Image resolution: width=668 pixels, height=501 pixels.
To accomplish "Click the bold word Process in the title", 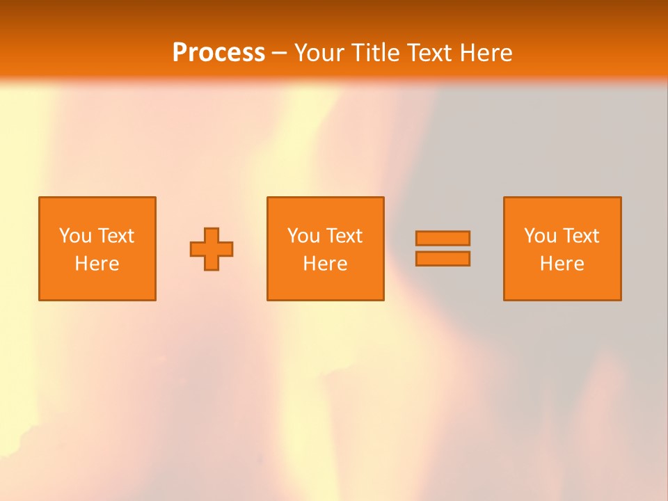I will tap(218, 53).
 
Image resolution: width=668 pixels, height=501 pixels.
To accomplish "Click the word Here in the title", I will tap(487, 53).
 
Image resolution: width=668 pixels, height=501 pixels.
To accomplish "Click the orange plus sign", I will tap(212, 248).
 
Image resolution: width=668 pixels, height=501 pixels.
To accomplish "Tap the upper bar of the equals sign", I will tap(443, 238).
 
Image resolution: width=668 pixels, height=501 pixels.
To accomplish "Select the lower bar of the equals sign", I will tap(443, 258).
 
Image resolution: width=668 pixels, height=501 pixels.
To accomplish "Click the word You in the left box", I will tap(75, 236).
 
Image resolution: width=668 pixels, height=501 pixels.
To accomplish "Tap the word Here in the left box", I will tap(97, 264).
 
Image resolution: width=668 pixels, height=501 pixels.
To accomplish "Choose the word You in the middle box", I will tap(303, 236).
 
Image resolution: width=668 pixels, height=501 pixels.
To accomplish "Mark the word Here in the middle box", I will tap(325, 264).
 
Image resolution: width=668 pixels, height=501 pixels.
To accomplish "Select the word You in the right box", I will tap(540, 236).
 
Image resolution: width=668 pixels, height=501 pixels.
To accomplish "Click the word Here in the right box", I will tap(562, 264).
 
